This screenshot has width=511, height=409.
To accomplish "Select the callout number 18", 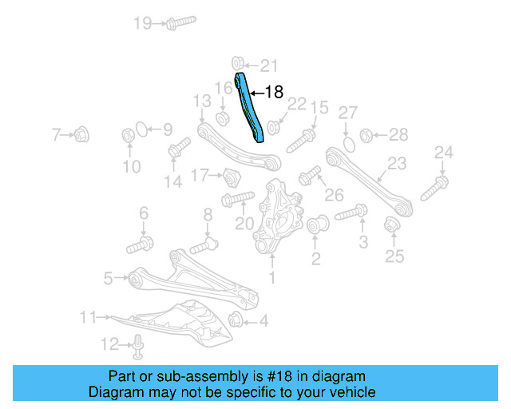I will click(x=274, y=93).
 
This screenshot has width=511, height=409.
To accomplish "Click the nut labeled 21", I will click(x=238, y=64).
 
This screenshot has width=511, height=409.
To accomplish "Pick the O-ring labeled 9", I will click(x=141, y=128).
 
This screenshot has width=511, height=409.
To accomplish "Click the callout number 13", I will click(x=201, y=101).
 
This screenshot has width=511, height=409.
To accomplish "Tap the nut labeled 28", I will click(x=368, y=134).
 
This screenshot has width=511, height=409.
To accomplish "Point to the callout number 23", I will click(x=397, y=165).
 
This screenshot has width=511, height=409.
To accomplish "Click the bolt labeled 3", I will click(x=351, y=213).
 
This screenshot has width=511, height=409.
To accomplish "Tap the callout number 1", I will click(x=271, y=278).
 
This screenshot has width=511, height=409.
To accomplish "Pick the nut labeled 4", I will click(x=236, y=321).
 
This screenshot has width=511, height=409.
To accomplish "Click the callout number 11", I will click(x=88, y=317).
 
